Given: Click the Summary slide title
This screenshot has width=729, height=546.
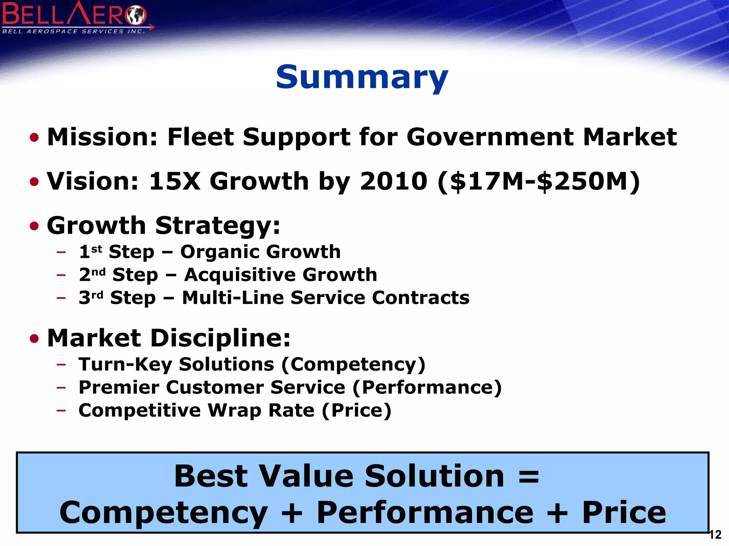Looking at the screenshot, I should click(x=362, y=77).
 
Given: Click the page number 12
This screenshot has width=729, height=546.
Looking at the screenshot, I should click(x=715, y=535).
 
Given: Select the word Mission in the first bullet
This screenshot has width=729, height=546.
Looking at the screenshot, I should click(x=102, y=137).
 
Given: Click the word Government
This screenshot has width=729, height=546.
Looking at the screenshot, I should click(x=490, y=137).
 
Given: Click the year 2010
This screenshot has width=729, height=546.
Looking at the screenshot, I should click(x=393, y=181).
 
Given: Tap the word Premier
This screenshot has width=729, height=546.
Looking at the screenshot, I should click(x=119, y=387).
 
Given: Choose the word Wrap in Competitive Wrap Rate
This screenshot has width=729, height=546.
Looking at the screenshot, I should click(x=235, y=411).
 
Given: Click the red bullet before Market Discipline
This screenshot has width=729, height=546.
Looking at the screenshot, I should click(x=34, y=338).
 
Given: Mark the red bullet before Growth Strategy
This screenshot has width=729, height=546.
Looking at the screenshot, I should click(x=34, y=226).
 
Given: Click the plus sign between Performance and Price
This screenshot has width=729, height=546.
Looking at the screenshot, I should click(x=557, y=513).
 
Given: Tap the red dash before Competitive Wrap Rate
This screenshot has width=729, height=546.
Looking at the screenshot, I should click(x=61, y=410).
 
